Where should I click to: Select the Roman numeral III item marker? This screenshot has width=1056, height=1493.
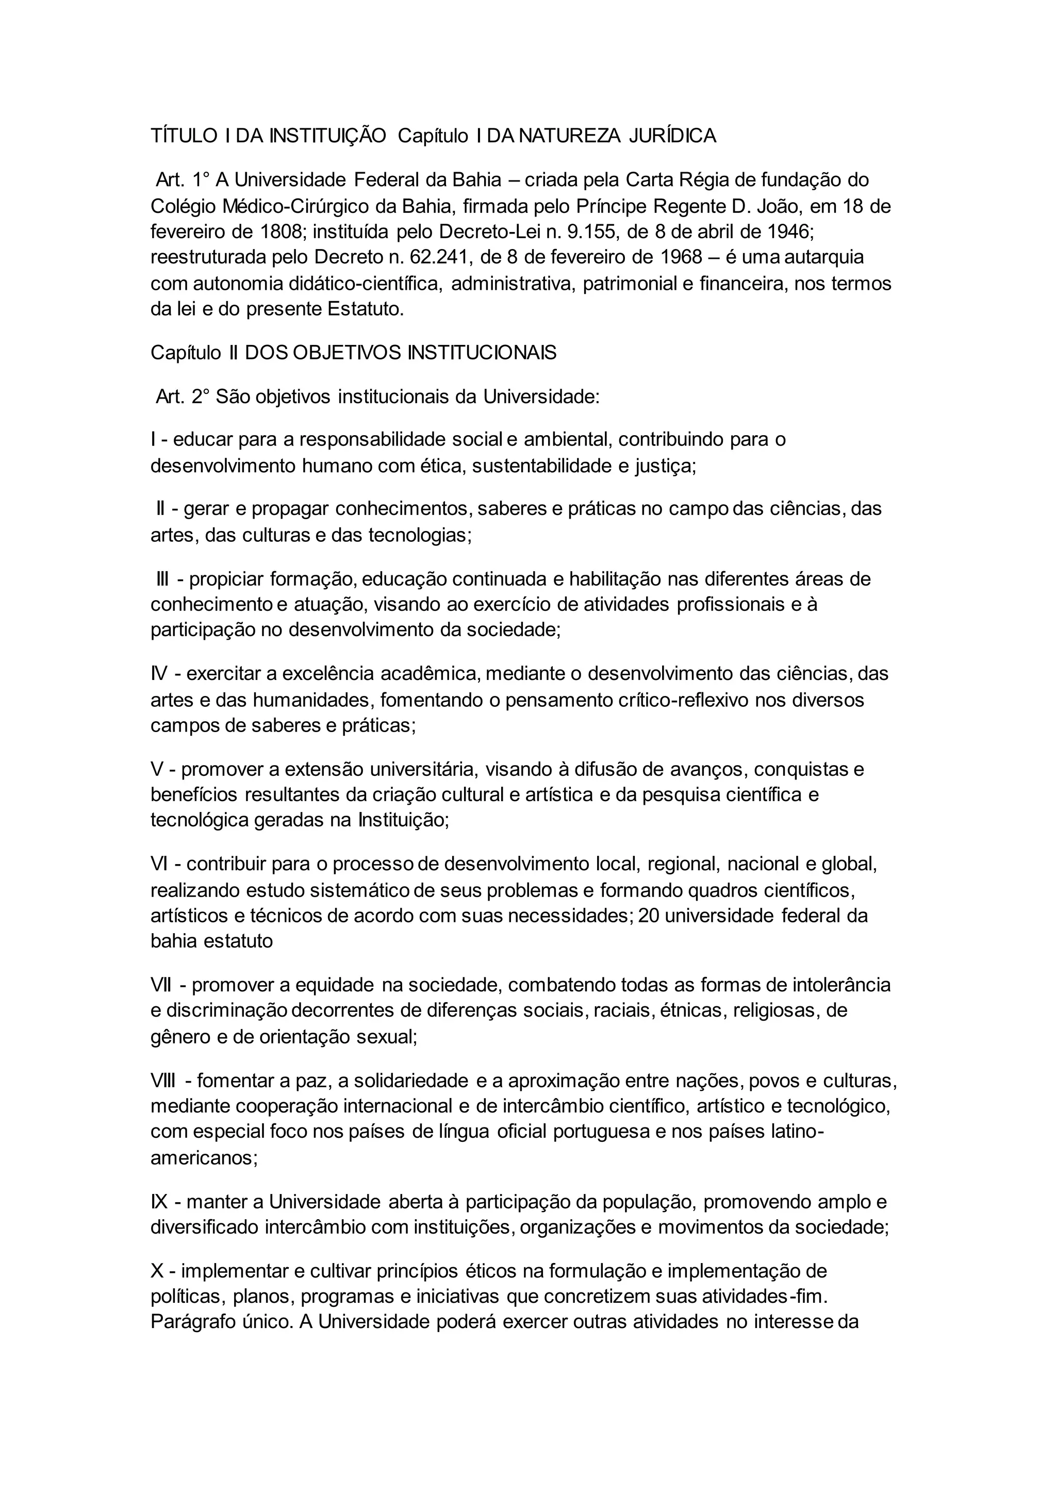click(x=162, y=579)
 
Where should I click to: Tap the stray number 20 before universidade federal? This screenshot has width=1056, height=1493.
click(x=648, y=916)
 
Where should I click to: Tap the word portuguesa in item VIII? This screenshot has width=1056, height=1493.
click(x=602, y=1132)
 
